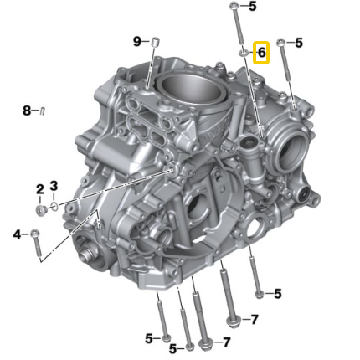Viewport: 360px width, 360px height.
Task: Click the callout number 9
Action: pyautogui.click(x=137, y=42)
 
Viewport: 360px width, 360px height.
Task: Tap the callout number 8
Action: pyautogui.click(x=27, y=111)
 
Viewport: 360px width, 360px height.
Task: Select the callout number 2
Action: pyautogui.click(x=40, y=189)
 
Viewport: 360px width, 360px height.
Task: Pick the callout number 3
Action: pyautogui.click(x=54, y=185)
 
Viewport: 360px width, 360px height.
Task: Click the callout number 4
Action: pyautogui.click(x=17, y=234)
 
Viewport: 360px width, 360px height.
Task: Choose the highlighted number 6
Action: pyautogui.click(x=261, y=52)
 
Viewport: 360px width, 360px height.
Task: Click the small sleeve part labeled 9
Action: pyautogui.click(x=156, y=42)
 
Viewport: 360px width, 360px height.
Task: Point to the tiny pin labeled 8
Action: pyautogui.click(x=43, y=111)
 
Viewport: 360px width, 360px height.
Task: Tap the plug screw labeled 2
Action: pyautogui.click(x=41, y=210)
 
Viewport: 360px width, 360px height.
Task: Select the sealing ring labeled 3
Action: pyautogui.click(x=54, y=206)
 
